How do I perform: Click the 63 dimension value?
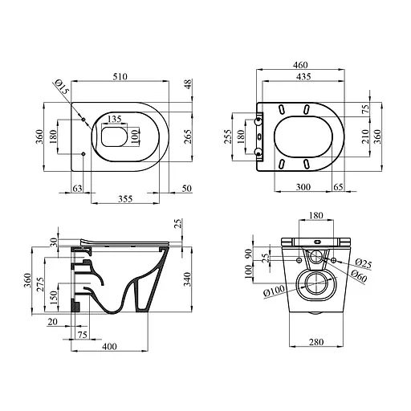[77, 189]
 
